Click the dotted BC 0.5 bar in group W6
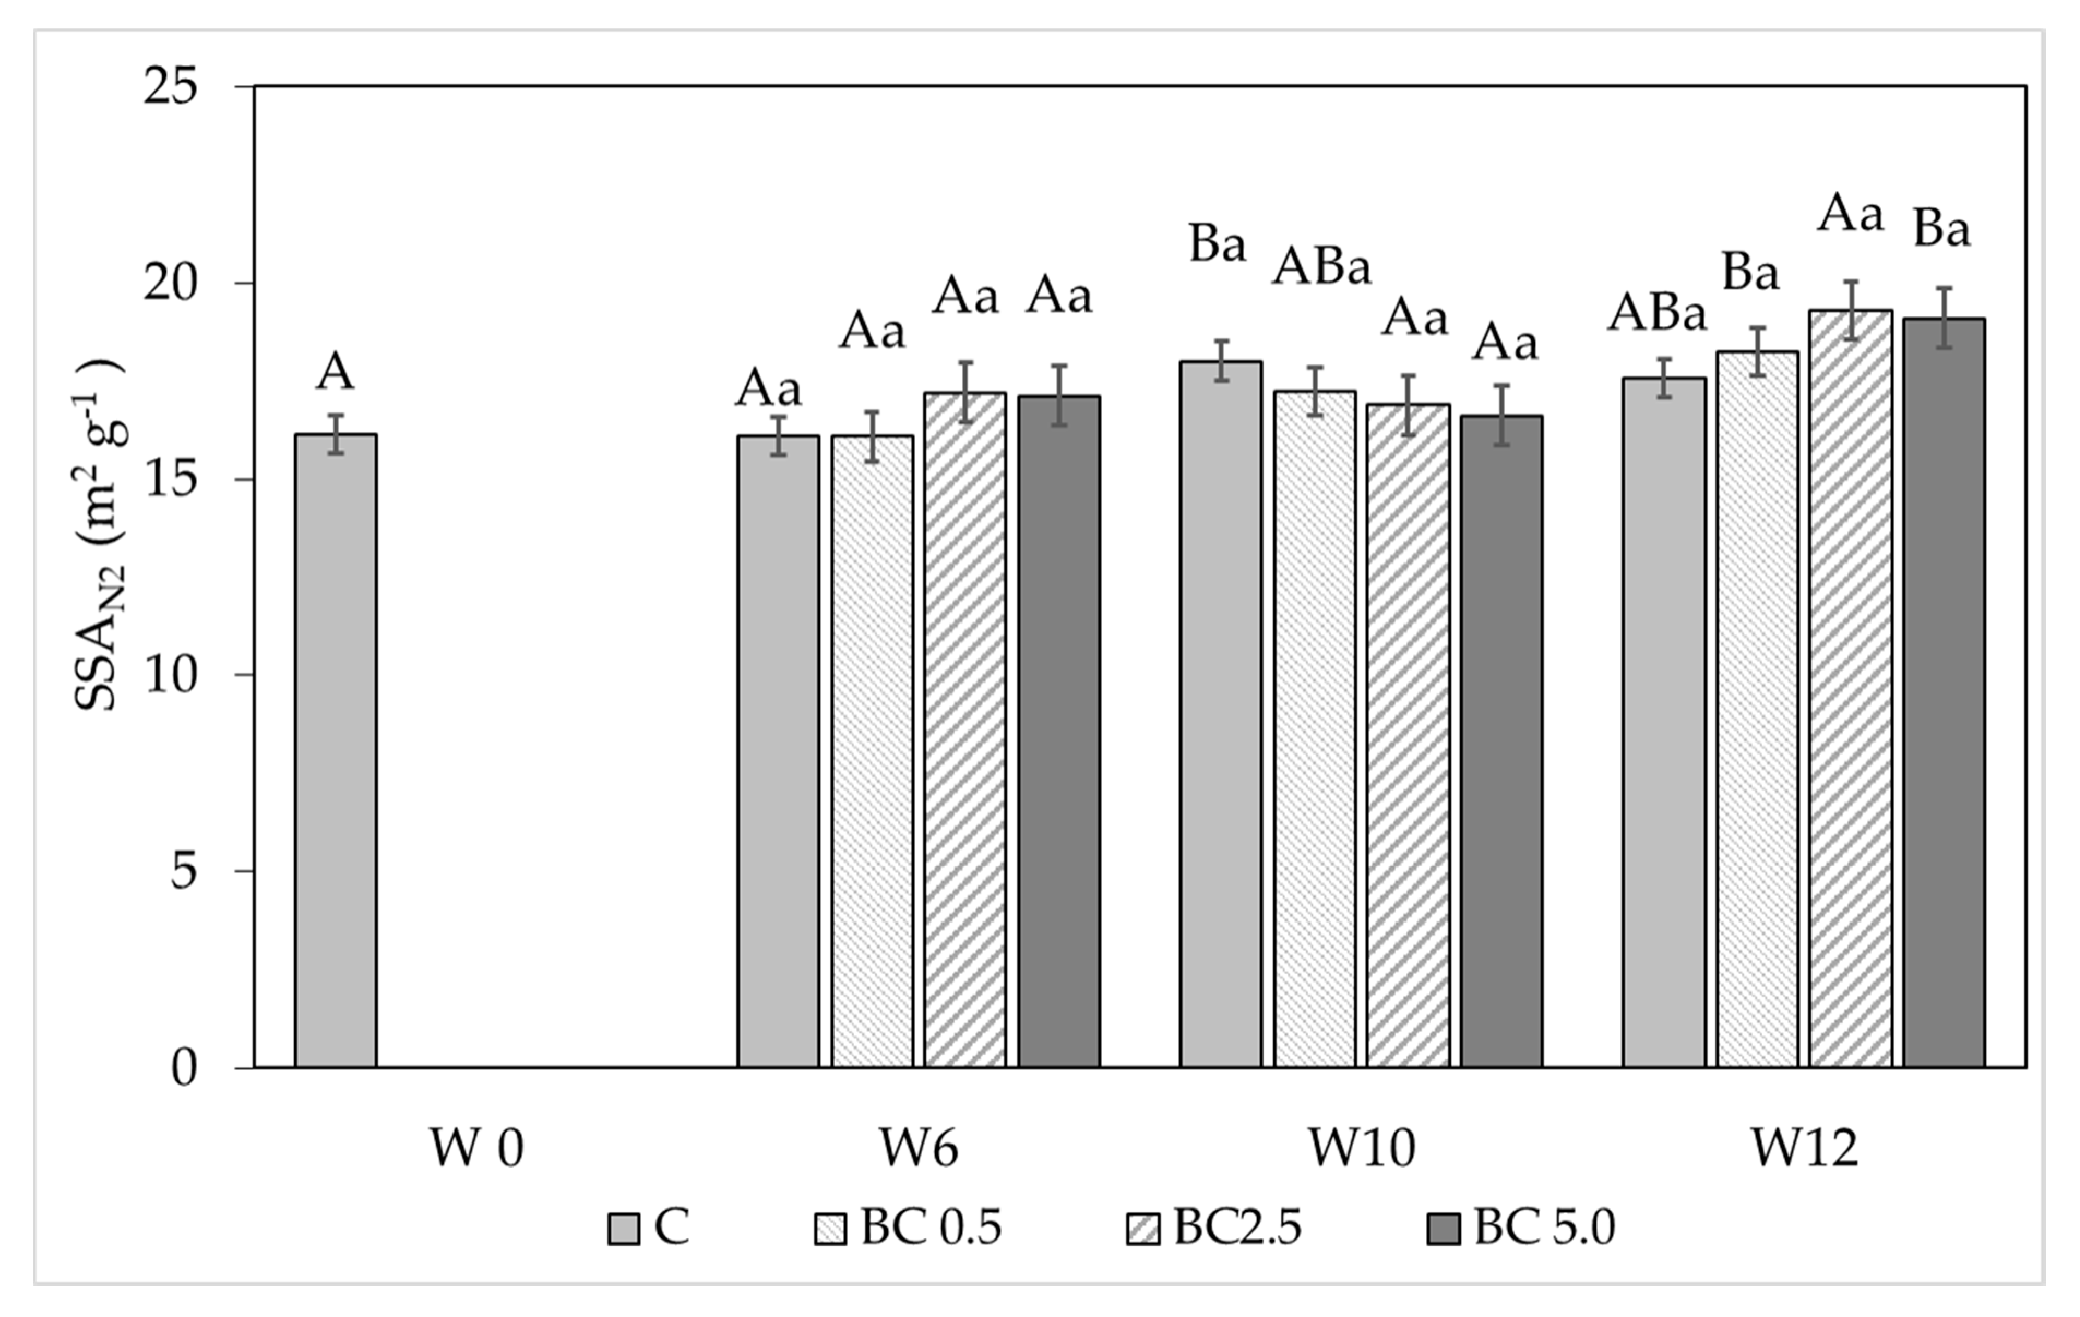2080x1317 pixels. coord(872,751)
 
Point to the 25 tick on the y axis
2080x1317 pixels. coord(170,87)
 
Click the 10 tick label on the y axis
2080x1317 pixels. coord(170,676)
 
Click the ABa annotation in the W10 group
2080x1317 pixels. coord(1321,268)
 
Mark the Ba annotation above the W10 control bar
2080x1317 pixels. coord(1218,244)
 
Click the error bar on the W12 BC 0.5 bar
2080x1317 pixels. coord(1757,351)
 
